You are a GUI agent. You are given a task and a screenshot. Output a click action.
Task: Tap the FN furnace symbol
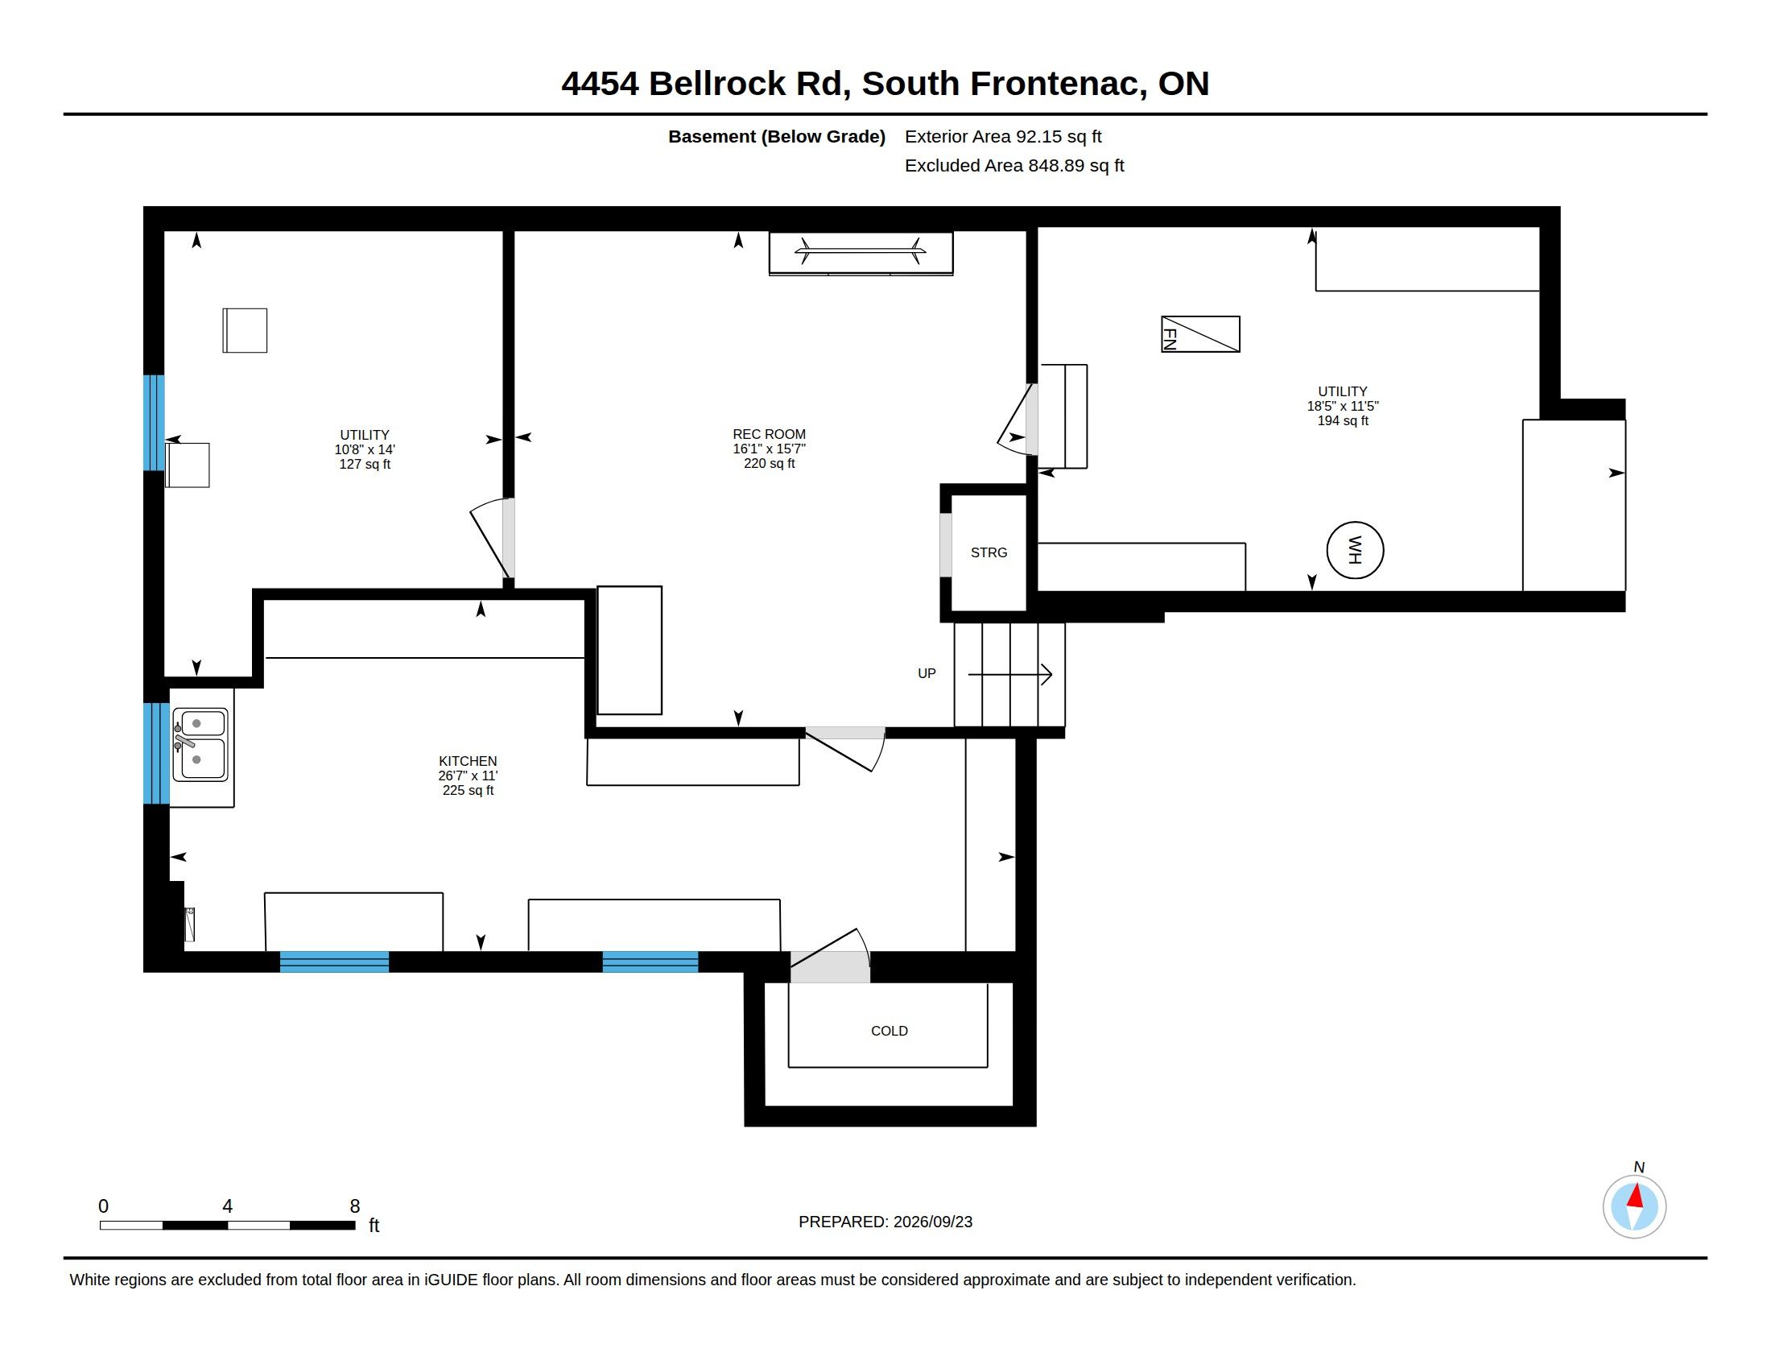(1200, 334)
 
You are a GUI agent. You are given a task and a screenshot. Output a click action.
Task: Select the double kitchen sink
(200, 745)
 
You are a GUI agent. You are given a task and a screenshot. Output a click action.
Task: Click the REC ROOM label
(769, 434)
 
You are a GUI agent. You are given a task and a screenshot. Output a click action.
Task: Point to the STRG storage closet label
(989, 552)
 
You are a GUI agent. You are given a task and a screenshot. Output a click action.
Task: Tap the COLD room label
(889, 1031)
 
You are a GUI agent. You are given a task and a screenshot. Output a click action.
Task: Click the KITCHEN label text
(468, 761)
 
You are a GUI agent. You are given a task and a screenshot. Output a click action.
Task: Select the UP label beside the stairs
(926, 673)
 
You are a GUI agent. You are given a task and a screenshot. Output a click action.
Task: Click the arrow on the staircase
(1009, 674)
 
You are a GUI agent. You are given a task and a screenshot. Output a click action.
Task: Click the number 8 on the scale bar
(354, 1206)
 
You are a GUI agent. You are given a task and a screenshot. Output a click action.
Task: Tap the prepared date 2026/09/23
(932, 1222)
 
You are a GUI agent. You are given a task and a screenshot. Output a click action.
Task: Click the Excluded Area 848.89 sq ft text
(1014, 165)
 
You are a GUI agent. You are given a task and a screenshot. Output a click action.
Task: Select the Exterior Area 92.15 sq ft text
(1003, 136)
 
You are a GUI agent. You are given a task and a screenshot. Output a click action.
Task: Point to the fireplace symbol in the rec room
(861, 253)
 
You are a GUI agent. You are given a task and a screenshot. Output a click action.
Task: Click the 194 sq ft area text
(1343, 421)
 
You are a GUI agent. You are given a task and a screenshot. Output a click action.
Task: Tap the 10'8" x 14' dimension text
(365, 449)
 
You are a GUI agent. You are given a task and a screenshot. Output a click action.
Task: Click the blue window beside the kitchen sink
(155, 754)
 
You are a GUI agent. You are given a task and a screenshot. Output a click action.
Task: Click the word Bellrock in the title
(716, 84)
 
